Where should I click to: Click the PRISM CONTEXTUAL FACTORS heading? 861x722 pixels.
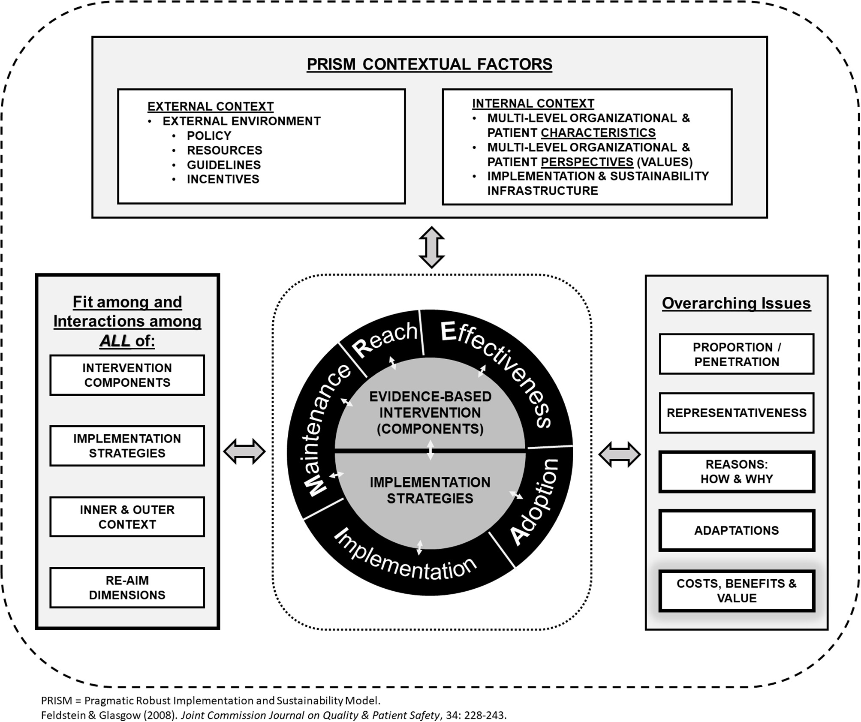[429, 64]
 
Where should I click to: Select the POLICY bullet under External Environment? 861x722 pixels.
[209, 136]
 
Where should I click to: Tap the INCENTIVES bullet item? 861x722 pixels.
[223, 179]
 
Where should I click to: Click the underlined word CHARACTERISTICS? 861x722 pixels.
[598, 133]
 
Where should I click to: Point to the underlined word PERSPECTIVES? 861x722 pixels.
[587, 162]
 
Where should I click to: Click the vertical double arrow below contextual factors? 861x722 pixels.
[431, 247]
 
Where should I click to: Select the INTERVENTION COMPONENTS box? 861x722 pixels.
[127, 375]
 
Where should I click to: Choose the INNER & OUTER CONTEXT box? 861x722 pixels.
[127, 517]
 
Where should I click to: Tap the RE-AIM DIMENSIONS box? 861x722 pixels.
[127, 588]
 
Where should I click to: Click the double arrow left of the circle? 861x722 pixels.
[244, 451]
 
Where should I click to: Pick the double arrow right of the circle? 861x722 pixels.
[619, 454]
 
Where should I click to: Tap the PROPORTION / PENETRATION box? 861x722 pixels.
[736, 355]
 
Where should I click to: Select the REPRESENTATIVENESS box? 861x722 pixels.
[736, 413]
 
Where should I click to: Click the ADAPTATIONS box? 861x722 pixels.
[736, 531]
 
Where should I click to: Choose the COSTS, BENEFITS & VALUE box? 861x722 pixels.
[736, 591]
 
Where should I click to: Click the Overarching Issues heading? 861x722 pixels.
[736, 303]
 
